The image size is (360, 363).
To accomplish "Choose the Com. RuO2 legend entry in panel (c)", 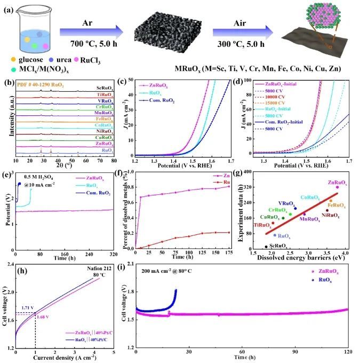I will coord(161,100).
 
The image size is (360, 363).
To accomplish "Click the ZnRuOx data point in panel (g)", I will coord(337,187).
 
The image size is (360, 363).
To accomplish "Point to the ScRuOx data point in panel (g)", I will coord(266,247).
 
